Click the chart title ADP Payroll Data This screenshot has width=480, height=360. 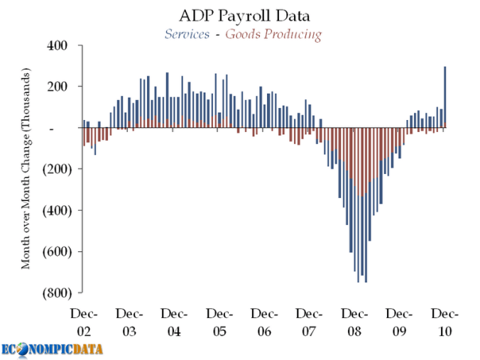coord(240,14)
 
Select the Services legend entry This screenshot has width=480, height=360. coord(186,33)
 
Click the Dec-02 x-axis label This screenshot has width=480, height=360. coord(83,322)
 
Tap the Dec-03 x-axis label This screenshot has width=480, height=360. coord(129,322)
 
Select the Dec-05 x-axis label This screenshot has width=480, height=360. coord(219,322)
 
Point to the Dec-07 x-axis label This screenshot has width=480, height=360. coord(309,322)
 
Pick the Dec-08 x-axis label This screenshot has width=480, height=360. coord(354,322)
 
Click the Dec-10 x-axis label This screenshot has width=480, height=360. coord(444,322)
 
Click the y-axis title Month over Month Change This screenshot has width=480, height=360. coord(26,169)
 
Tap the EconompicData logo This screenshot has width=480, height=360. coord(52,349)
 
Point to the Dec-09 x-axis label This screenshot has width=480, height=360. coord(400,322)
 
